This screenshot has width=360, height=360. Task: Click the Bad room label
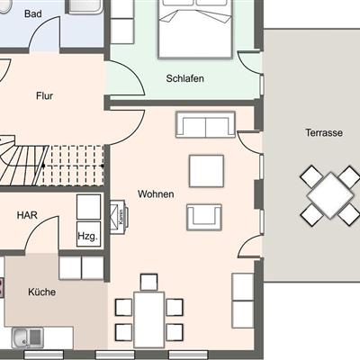tap(33, 13)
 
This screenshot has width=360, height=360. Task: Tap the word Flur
tap(44, 96)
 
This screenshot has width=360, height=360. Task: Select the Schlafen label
tap(185, 78)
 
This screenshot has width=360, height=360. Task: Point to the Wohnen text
tap(156, 194)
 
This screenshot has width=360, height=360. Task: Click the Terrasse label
tap(324, 132)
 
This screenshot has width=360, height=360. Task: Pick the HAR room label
tap(27, 215)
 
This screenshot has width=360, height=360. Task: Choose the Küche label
tap(42, 292)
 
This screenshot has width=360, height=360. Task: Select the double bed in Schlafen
tap(195, 29)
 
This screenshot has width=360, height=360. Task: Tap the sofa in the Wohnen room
tap(205, 124)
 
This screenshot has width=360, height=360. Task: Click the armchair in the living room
tap(204, 218)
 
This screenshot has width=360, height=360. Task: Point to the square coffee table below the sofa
tap(206, 171)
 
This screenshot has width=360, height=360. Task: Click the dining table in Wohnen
tap(149, 319)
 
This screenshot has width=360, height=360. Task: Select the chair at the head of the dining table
tap(149, 282)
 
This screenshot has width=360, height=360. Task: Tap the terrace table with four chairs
tap(330, 195)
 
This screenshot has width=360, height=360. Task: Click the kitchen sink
tap(28, 337)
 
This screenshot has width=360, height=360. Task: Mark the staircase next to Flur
tap(52, 162)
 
